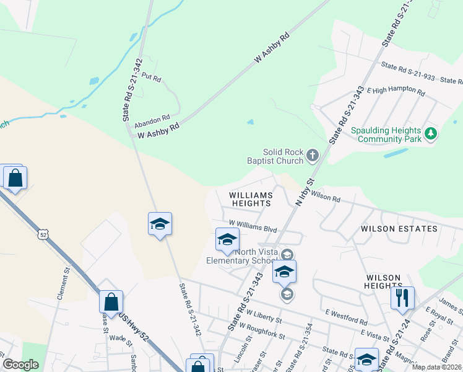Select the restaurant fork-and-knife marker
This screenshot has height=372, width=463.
pos(402,298)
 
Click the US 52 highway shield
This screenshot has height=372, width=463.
pos(42,234)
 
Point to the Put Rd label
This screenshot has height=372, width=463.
pos(151,78)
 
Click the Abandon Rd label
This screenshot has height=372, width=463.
pos(152,119)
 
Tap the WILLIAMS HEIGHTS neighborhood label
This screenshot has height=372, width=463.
pos(251,199)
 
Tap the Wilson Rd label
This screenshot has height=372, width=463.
pos(326,197)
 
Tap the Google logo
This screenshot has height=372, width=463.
pos(20,365)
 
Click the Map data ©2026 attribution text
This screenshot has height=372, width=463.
pos(436,367)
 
